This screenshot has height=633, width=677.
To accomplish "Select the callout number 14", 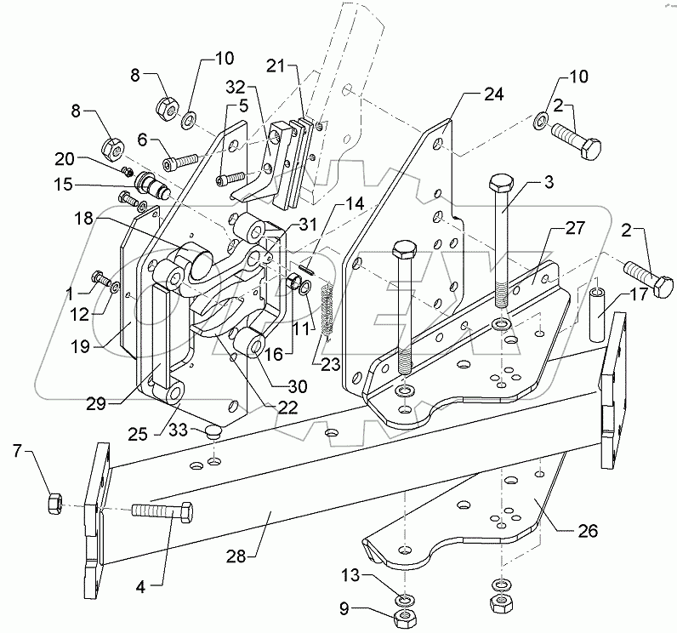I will [x=351, y=203].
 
